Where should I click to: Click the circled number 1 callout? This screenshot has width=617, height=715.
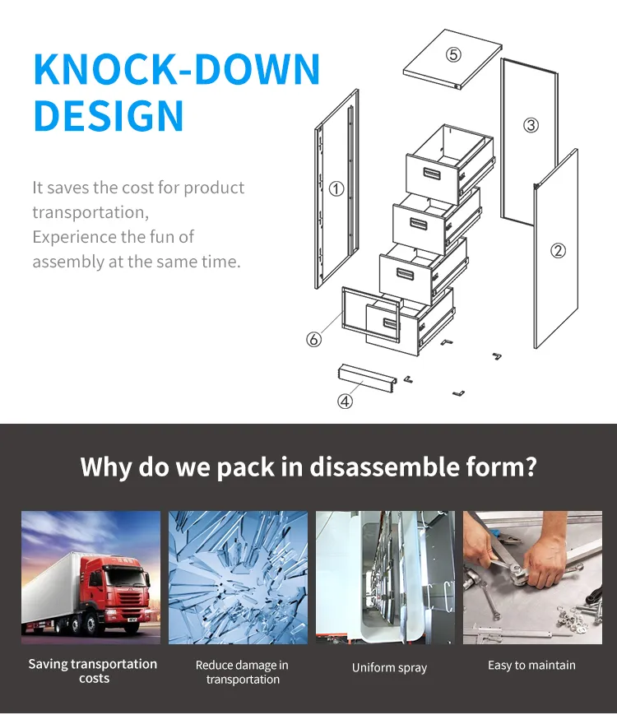point(336,188)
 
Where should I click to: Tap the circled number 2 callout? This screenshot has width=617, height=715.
point(558,251)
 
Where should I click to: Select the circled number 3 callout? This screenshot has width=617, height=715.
point(531,125)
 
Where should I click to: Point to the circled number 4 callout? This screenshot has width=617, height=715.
point(346,402)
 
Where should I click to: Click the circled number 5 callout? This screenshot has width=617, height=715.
point(453,55)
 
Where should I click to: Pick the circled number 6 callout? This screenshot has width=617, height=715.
point(313,339)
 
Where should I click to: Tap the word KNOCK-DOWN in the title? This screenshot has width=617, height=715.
point(177,70)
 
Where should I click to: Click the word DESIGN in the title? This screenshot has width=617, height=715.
point(109,116)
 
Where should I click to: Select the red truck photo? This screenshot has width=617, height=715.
point(90,577)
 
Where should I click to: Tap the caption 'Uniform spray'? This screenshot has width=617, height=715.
point(389,667)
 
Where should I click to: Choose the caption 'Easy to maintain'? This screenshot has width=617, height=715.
point(531,665)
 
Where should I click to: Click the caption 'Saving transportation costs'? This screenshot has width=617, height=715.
point(93,671)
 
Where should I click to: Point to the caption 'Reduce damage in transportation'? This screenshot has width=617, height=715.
point(243,672)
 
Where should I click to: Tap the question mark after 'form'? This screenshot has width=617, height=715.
point(530,467)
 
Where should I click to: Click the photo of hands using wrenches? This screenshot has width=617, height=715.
point(532,577)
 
